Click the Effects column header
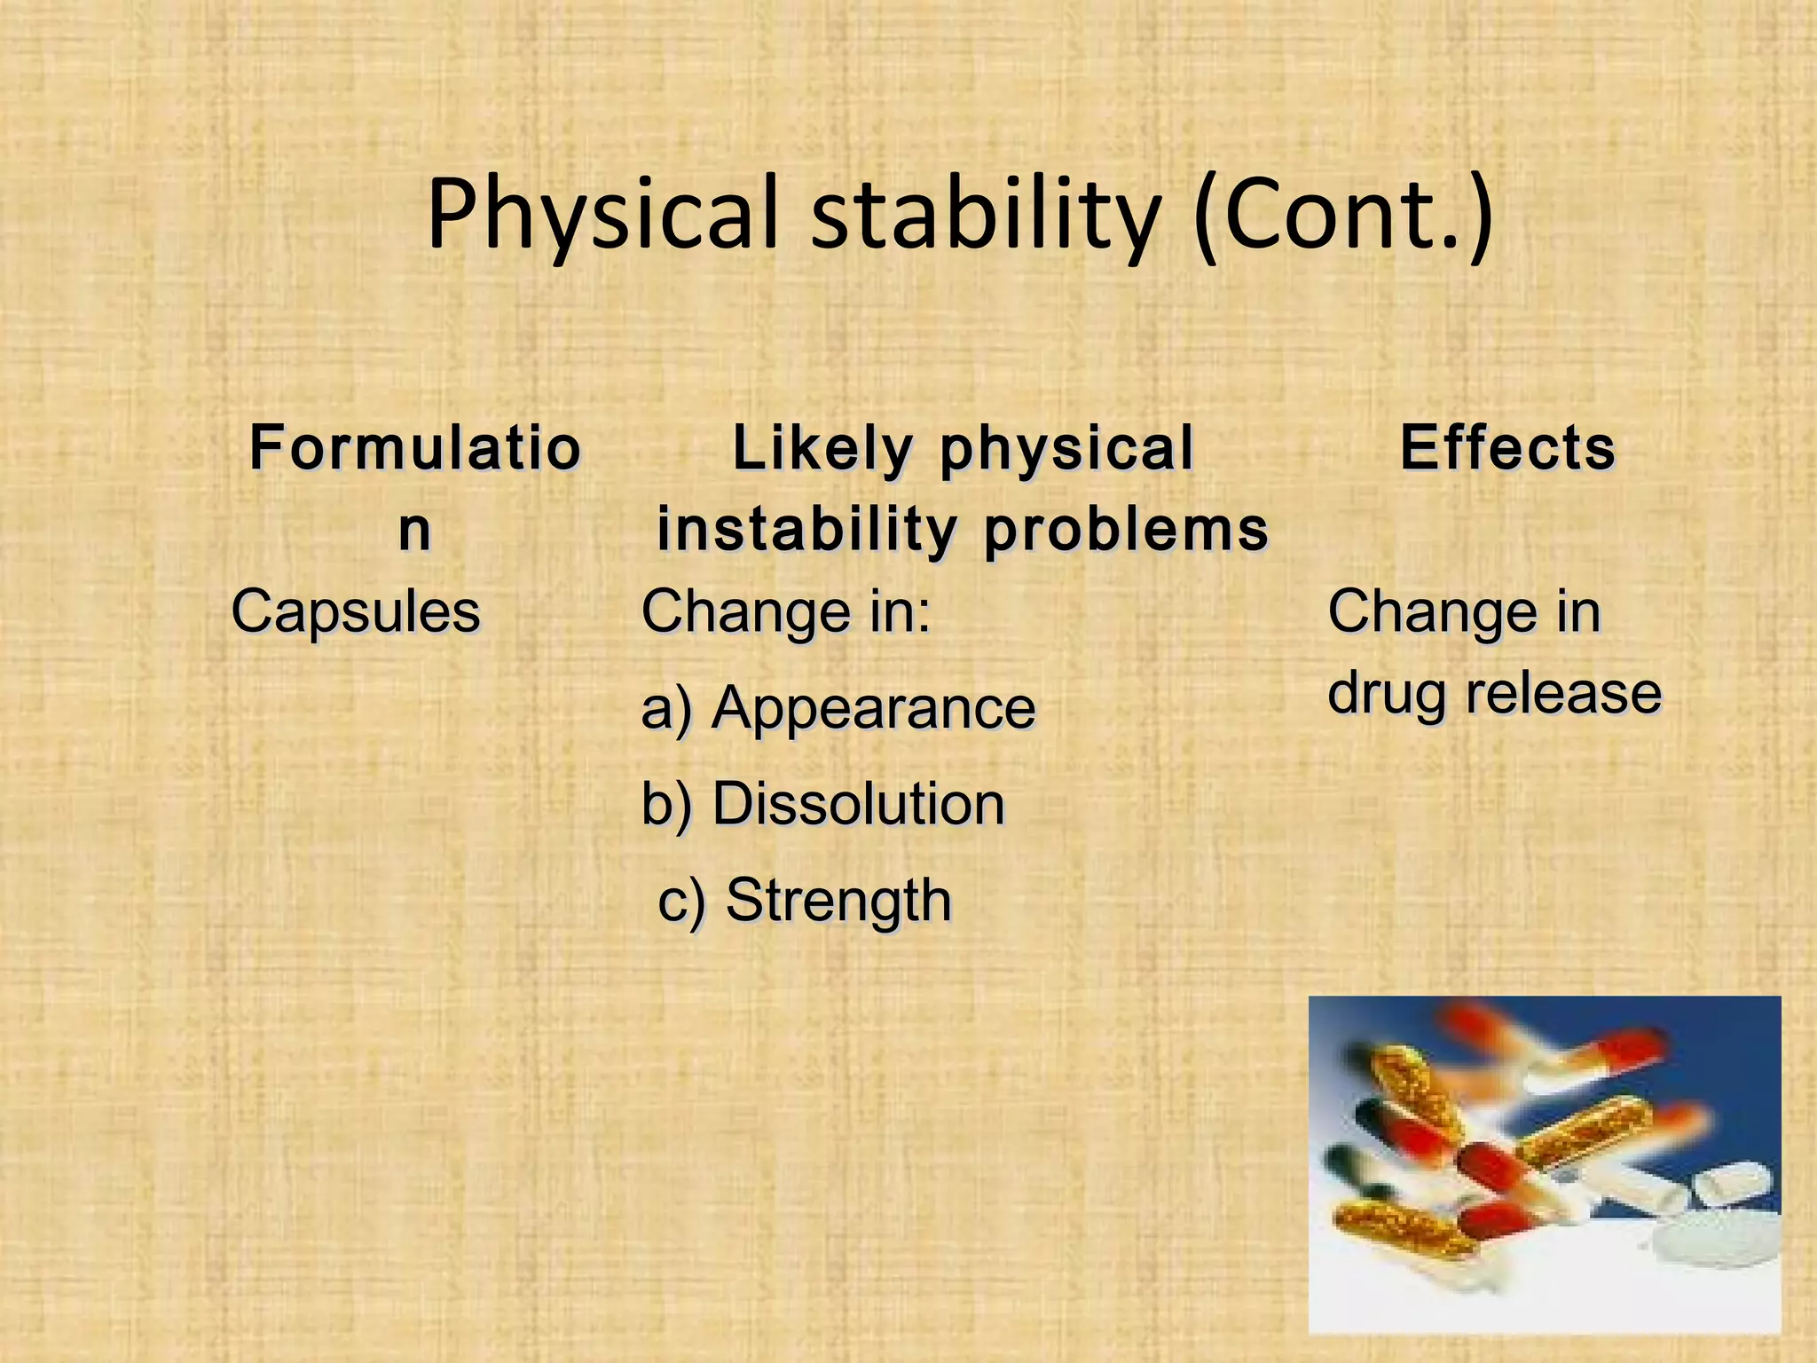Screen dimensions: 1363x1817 tap(1507, 447)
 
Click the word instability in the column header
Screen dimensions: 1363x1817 tap(806, 529)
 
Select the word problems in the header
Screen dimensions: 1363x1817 tap(1127, 530)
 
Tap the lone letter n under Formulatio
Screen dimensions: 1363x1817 tap(414, 529)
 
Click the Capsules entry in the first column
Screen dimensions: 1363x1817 tap(356, 612)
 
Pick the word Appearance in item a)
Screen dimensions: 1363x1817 tap(874, 708)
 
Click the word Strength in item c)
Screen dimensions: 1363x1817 tap(839, 900)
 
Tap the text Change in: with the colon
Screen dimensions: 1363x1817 tap(786, 612)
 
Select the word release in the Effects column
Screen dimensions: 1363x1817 tap(1562, 694)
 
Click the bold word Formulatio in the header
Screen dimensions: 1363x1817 tap(414, 448)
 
